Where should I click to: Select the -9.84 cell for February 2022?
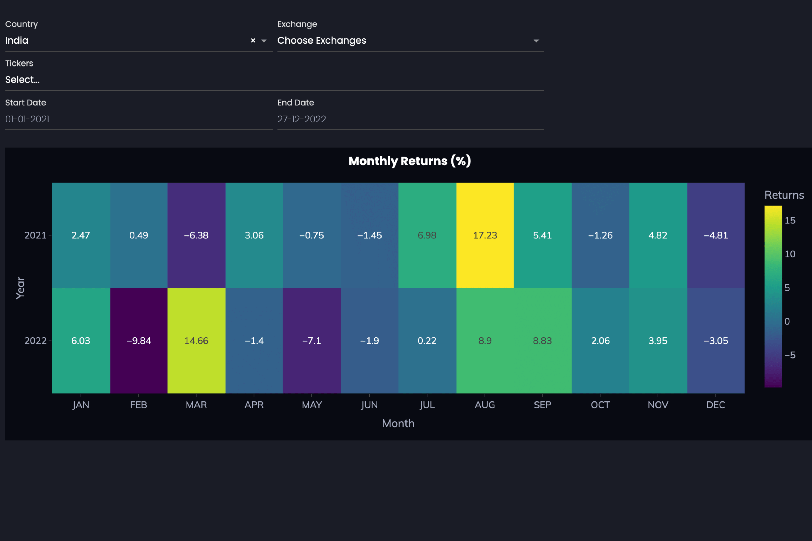point(139,341)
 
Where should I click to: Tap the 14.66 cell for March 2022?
point(196,341)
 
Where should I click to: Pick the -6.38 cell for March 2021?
point(196,235)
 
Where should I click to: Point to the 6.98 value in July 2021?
point(427,235)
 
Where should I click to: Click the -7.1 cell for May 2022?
point(312,341)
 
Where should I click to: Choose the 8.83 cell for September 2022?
point(542,341)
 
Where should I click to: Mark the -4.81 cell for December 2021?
point(716,235)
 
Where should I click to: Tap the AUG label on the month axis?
point(485,405)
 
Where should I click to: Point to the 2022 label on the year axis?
point(35,341)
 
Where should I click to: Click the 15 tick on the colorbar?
point(790,220)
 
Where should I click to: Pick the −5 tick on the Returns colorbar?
point(790,355)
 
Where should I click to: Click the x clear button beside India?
point(253,41)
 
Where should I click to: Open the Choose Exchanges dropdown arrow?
point(536,41)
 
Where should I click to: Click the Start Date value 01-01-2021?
point(27,119)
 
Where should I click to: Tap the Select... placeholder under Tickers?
point(22,80)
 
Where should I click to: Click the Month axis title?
point(398,423)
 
